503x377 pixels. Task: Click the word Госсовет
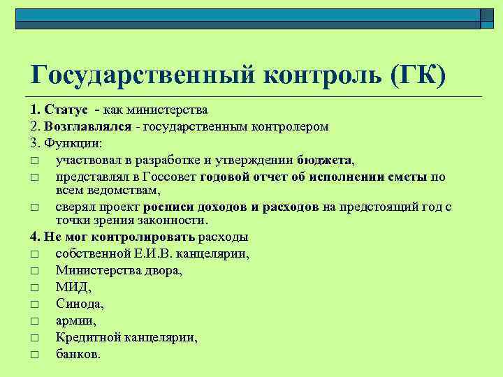168,177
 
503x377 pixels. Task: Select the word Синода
79,304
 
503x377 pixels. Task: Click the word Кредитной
88,337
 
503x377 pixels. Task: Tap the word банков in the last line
78,354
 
